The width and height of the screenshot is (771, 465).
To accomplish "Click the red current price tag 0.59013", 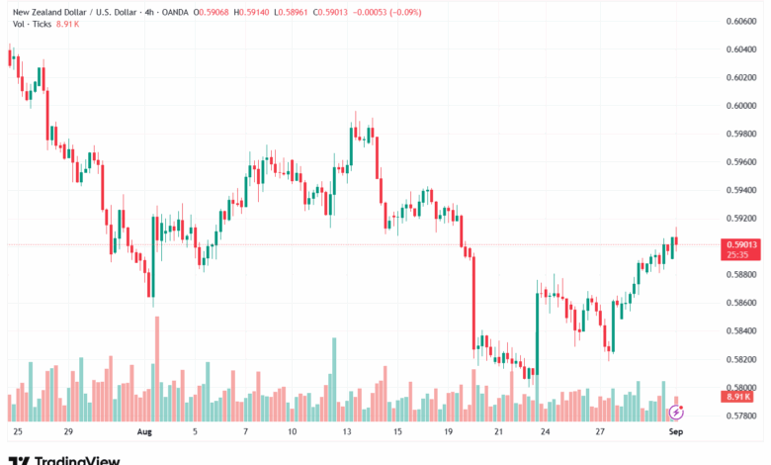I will [741, 243].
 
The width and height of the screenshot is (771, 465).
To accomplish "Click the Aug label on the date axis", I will [145, 432].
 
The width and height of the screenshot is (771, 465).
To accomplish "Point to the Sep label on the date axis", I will [676, 432].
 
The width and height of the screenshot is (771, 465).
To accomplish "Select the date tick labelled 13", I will [347, 432].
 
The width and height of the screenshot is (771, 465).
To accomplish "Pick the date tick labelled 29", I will [67, 432].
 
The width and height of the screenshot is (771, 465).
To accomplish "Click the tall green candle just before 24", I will [537, 331].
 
